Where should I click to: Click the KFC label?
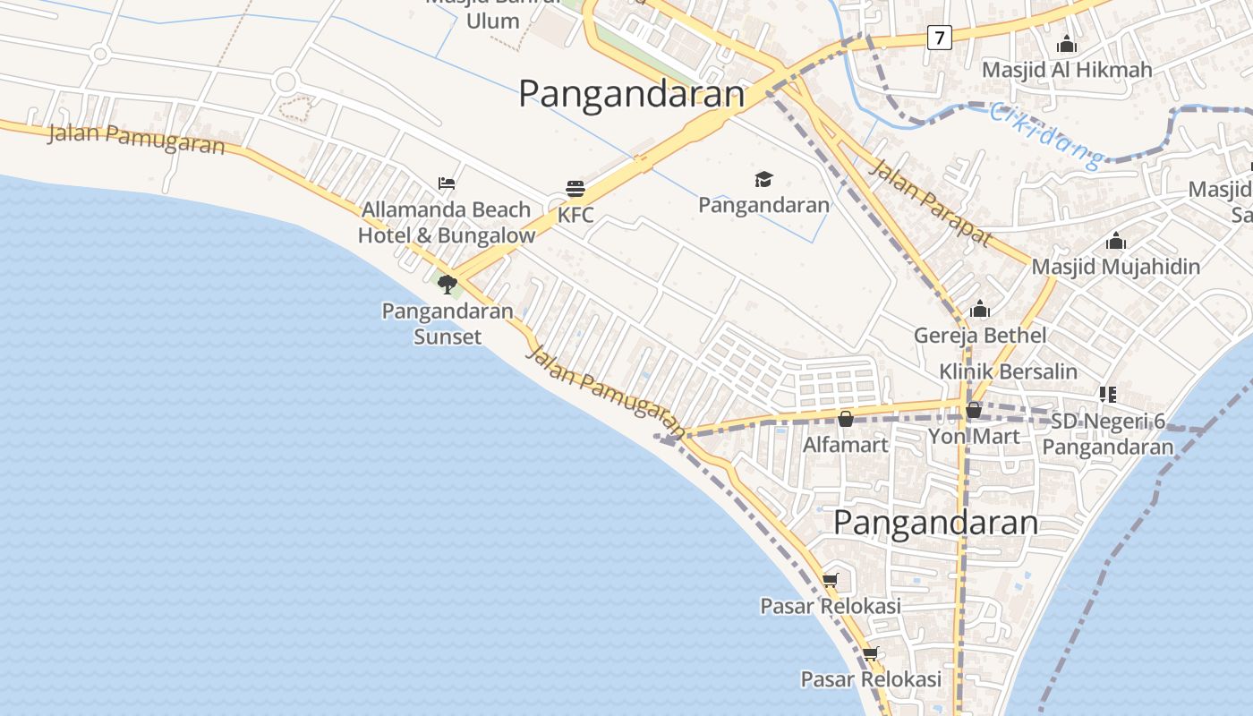click(x=575, y=216)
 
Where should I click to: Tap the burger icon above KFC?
click(x=575, y=189)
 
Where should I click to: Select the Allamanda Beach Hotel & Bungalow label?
click(x=447, y=222)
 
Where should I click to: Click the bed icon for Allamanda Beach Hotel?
click(x=447, y=183)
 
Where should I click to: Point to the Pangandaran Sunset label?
click(x=447, y=324)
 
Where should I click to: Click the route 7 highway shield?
click(x=939, y=38)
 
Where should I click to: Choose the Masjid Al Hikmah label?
click(x=1067, y=70)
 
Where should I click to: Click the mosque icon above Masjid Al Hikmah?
click(x=1067, y=44)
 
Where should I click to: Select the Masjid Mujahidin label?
click(x=1115, y=267)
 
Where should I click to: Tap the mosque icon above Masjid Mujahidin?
click(x=1115, y=241)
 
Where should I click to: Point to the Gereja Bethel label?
click(x=980, y=336)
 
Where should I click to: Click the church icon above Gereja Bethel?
click(x=980, y=310)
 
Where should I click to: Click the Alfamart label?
click(x=845, y=445)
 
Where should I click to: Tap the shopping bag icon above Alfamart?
click(x=845, y=418)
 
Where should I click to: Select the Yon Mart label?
click(x=974, y=437)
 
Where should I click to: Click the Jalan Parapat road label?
click(x=931, y=203)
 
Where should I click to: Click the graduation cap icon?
click(x=763, y=180)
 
